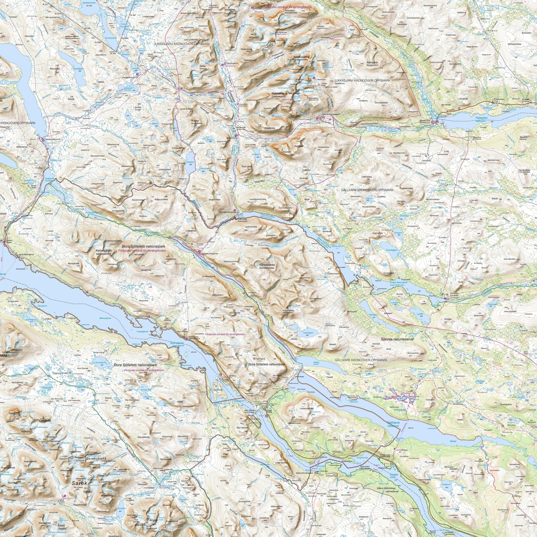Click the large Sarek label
(x=80, y=483)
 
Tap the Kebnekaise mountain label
(x=280, y=93)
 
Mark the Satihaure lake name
(x=393, y=422)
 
